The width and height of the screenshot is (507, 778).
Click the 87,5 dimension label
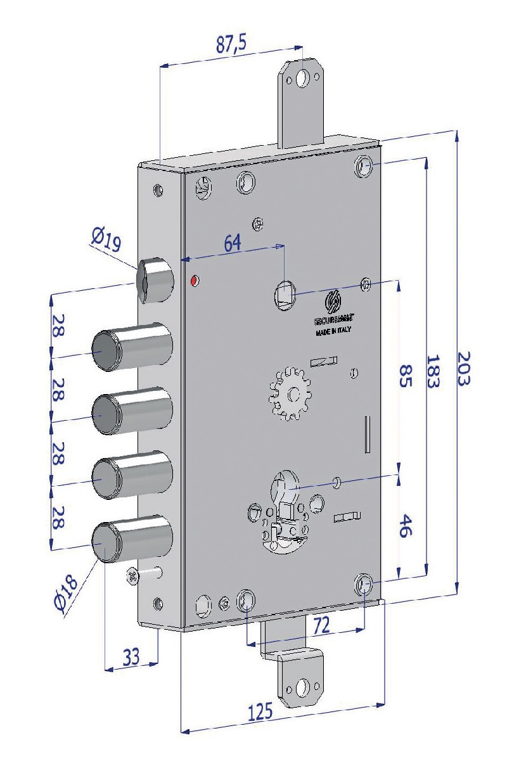point(231,45)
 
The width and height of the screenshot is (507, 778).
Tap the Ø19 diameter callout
point(106,241)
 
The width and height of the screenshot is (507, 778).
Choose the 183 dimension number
point(434,370)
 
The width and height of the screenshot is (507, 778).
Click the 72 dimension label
point(321,627)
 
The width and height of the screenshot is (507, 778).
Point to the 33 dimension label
point(131,657)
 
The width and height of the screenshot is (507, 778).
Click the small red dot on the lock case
point(195,279)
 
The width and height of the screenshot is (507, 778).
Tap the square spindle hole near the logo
point(285,295)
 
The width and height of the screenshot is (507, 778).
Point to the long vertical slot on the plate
point(366,435)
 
